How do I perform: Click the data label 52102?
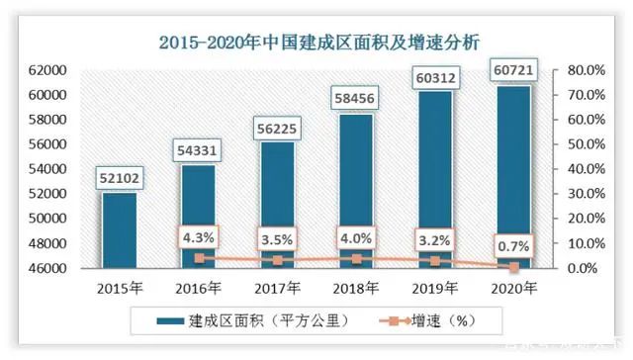click(x=120, y=178)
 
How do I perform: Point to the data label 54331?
click(x=199, y=150)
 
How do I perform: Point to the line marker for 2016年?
click(x=199, y=258)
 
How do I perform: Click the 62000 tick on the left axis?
click(x=46, y=70)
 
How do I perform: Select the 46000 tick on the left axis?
click(x=46, y=268)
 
